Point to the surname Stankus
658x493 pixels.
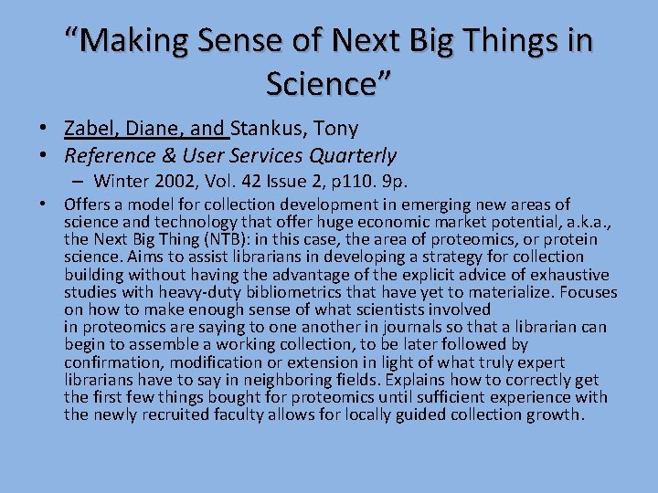[x=271, y=129]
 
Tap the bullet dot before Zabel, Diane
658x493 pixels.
[x=44, y=130]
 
